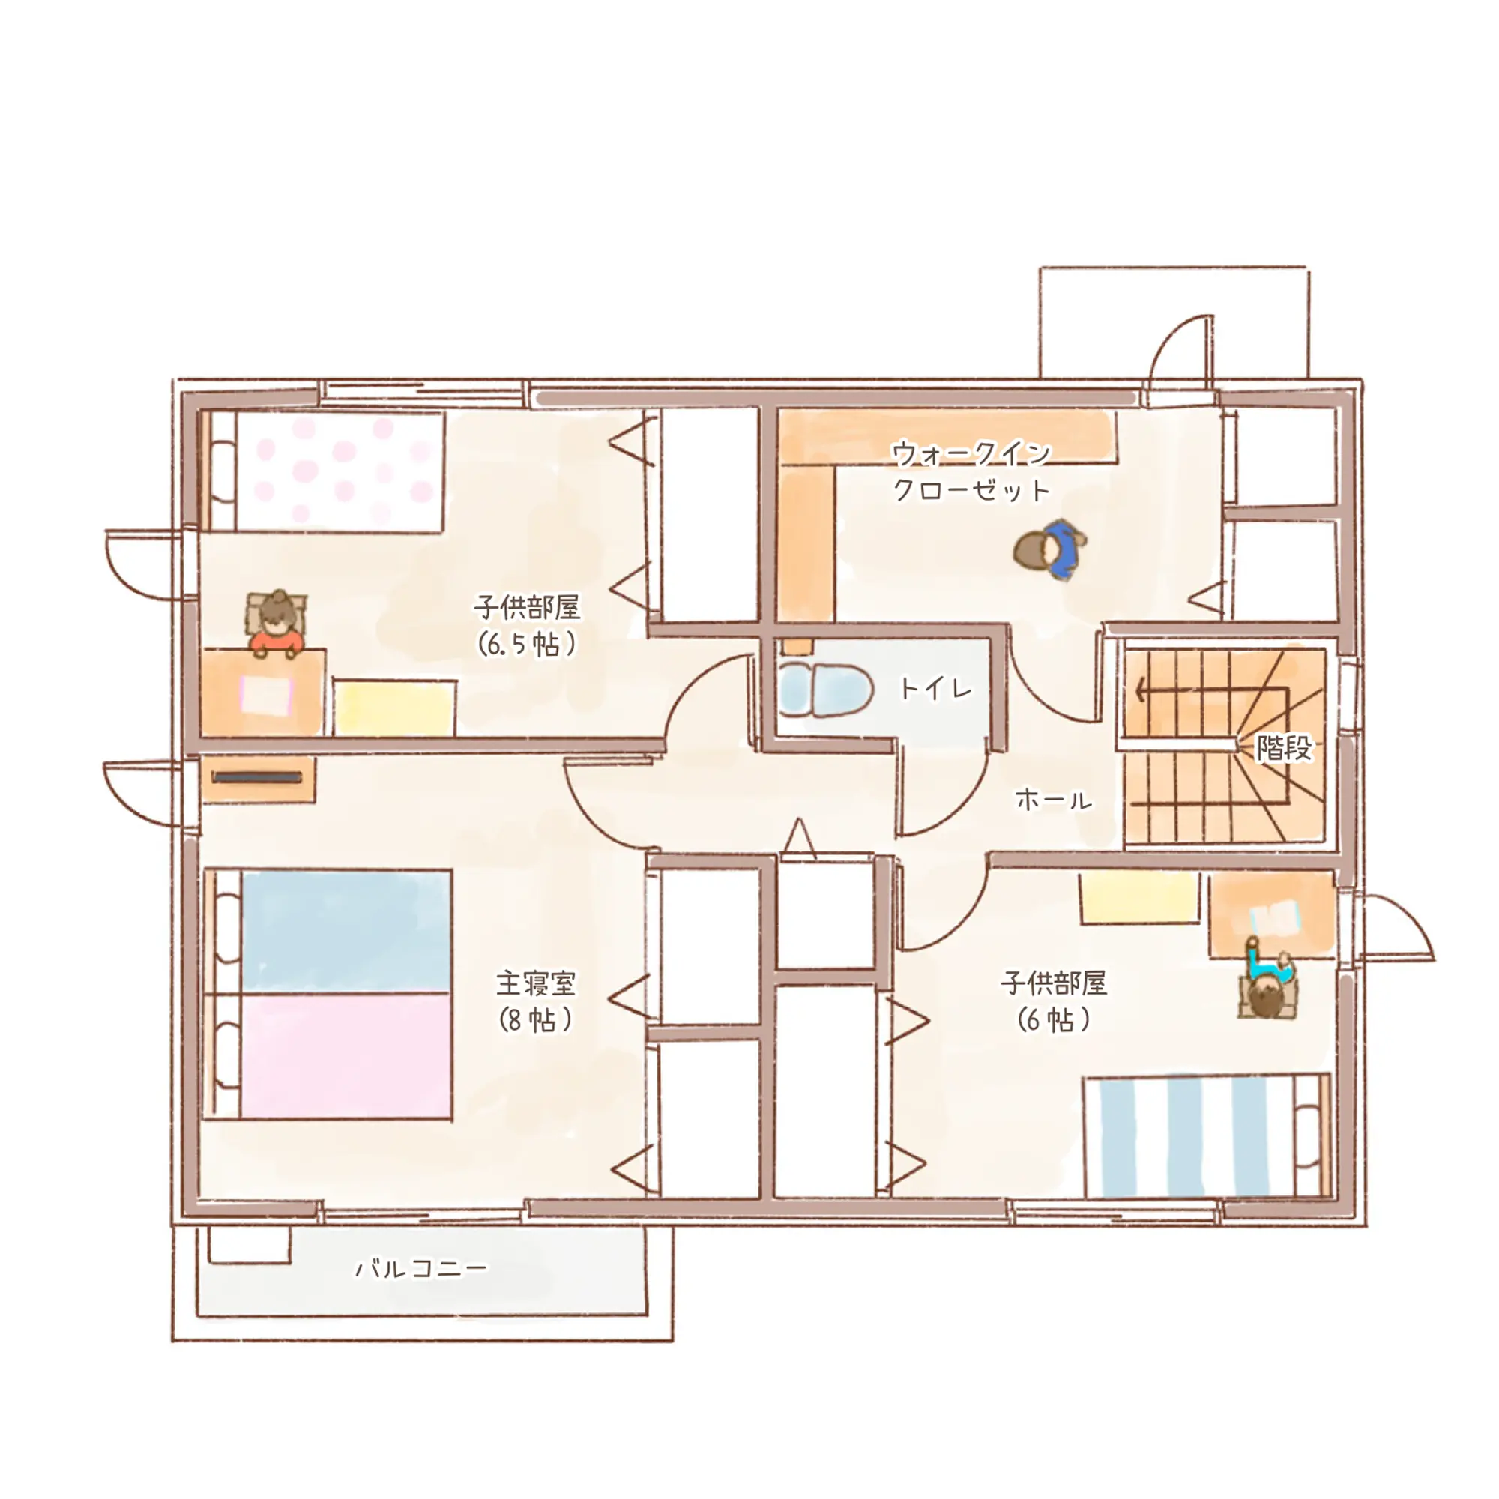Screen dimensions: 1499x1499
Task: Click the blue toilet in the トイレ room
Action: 824,689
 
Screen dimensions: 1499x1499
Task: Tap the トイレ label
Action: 935,688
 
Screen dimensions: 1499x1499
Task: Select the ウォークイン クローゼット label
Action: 971,471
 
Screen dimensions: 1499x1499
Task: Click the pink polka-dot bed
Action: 339,471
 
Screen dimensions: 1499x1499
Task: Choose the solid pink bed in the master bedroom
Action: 346,1055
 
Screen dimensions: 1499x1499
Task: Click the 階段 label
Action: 1284,749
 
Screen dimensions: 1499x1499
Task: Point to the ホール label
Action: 1053,800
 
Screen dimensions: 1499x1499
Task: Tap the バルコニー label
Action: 421,1269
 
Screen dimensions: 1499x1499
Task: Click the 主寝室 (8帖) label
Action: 536,1001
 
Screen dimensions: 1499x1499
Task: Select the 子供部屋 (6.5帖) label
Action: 528,625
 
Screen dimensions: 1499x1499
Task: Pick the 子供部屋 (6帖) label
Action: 1053,1001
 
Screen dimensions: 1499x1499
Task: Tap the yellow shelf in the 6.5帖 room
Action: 394,708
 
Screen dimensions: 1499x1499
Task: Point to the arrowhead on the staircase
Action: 1140,689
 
